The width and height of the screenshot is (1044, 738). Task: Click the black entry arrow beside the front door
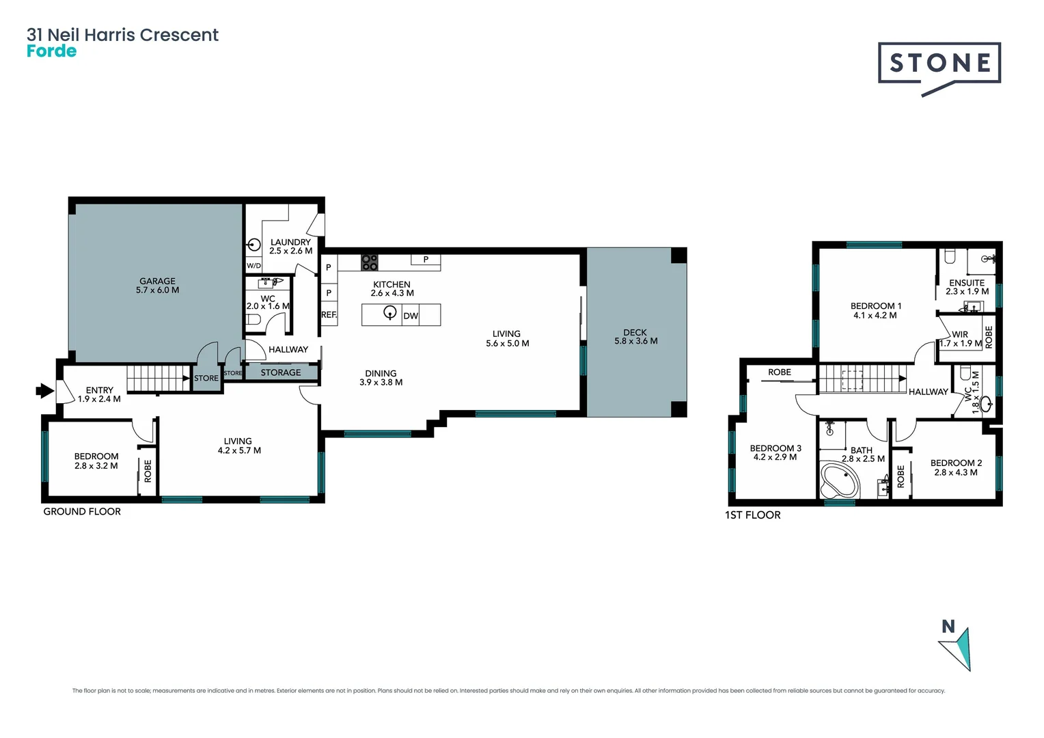click(x=44, y=391)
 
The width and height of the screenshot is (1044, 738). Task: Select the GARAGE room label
click(x=157, y=281)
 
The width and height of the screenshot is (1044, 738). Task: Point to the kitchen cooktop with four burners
click(x=370, y=262)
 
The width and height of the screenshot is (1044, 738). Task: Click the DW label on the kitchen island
click(x=411, y=316)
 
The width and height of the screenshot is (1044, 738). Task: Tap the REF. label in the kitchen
click(x=329, y=315)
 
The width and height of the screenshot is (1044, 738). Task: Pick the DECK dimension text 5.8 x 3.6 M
click(x=635, y=341)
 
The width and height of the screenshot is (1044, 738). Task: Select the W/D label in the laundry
click(x=253, y=266)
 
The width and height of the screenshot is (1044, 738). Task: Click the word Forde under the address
click(x=51, y=52)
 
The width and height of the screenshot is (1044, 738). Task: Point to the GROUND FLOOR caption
click(x=82, y=512)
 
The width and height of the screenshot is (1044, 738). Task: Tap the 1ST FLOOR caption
click(x=752, y=515)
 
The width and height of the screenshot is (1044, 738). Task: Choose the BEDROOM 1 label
click(x=875, y=306)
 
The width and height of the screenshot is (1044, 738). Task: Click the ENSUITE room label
click(x=967, y=283)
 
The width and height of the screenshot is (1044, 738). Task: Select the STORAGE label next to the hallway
click(x=280, y=372)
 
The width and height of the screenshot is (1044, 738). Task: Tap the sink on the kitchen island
click(x=390, y=313)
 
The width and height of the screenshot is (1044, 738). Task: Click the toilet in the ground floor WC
click(x=253, y=319)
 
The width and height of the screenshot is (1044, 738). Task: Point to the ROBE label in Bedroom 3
click(x=779, y=372)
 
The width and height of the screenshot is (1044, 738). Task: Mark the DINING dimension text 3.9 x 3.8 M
click(x=381, y=383)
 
